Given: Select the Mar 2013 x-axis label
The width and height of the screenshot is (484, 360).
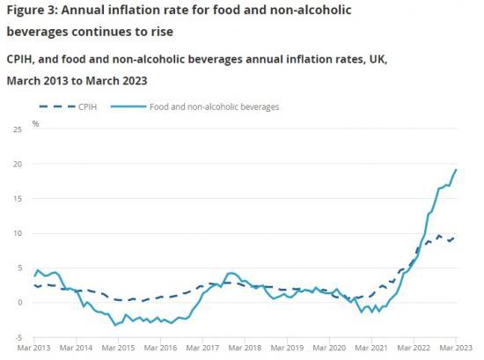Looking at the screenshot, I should (x=35, y=349).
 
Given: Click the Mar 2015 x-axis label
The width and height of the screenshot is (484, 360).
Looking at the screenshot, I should (x=119, y=349).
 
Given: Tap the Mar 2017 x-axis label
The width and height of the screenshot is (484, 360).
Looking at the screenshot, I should (x=203, y=349).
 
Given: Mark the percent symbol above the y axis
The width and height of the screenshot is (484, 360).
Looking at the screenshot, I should (x=36, y=123).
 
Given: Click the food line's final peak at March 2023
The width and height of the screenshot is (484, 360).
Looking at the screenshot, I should (x=456, y=169).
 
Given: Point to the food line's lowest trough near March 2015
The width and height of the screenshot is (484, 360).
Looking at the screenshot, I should (x=114, y=325).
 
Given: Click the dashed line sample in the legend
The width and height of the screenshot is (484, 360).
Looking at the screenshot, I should (x=55, y=107).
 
